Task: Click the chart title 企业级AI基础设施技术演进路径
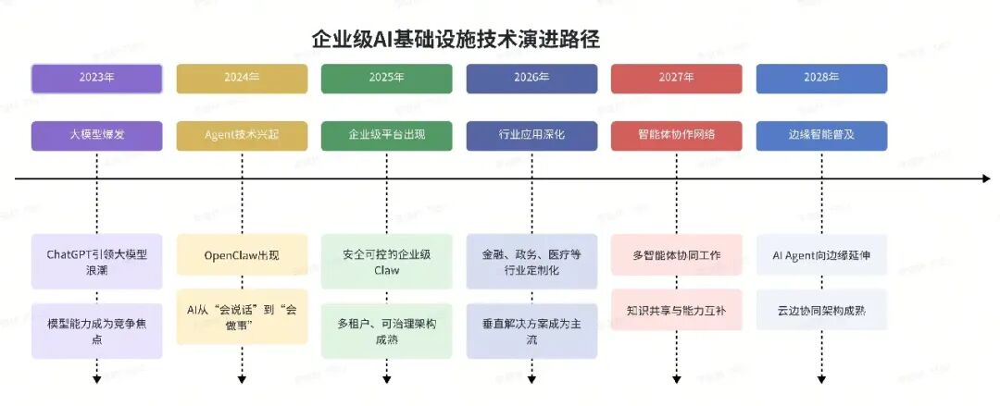coord(456,39)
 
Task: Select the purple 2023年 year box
coord(96,79)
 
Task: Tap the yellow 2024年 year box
coord(242,79)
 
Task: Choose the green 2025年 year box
coord(387,79)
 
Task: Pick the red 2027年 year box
coord(677,79)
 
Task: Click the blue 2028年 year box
coord(822,79)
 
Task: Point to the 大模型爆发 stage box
coord(96,135)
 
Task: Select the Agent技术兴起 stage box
coord(242,135)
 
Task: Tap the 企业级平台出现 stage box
coord(387,135)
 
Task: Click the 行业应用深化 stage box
coord(531,135)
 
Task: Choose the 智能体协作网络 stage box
coord(677,135)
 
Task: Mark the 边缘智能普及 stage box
coord(822,135)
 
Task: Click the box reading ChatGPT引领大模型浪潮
coord(96,262)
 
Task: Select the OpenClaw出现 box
coord(242,254)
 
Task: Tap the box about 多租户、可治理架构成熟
coord(387,331)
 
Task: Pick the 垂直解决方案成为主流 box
coord(531,331)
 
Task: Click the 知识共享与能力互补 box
coord(677,311)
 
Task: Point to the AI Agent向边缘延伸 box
coord(822,254)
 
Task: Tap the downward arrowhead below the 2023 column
coord(96,379)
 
